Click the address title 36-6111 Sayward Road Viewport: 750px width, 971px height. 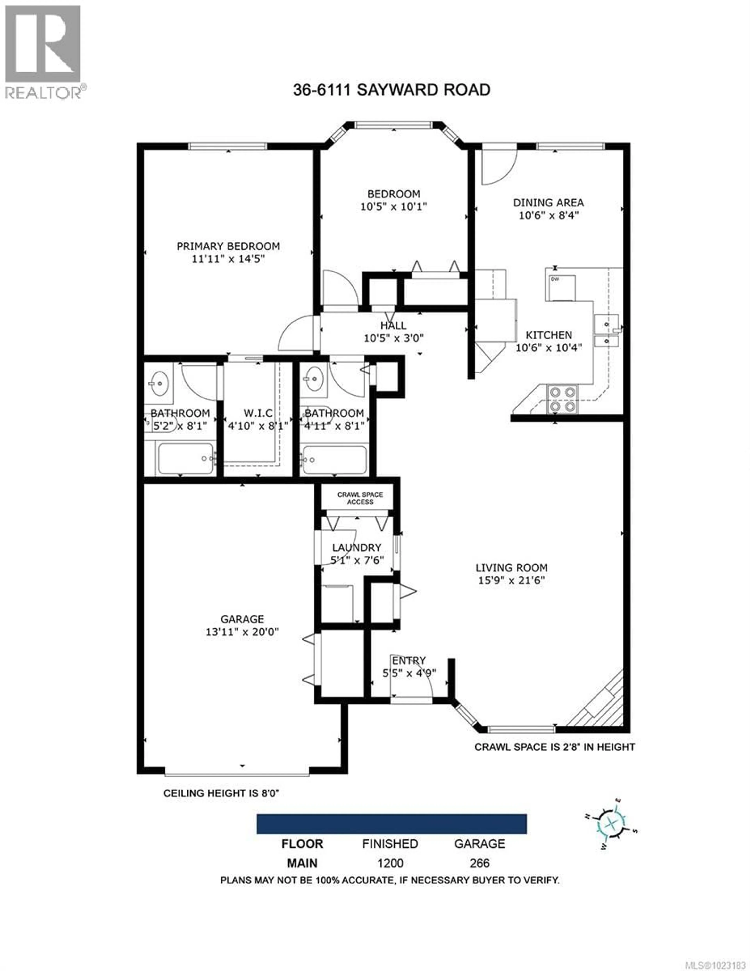coord(391,90)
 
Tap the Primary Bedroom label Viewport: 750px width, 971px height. coord(228,246)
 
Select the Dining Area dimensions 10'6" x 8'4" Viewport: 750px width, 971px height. coord(548,215)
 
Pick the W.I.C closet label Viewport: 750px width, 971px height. coord(258,413)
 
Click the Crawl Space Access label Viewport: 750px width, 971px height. coord(360,498)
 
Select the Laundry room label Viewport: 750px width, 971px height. coord(357,547)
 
